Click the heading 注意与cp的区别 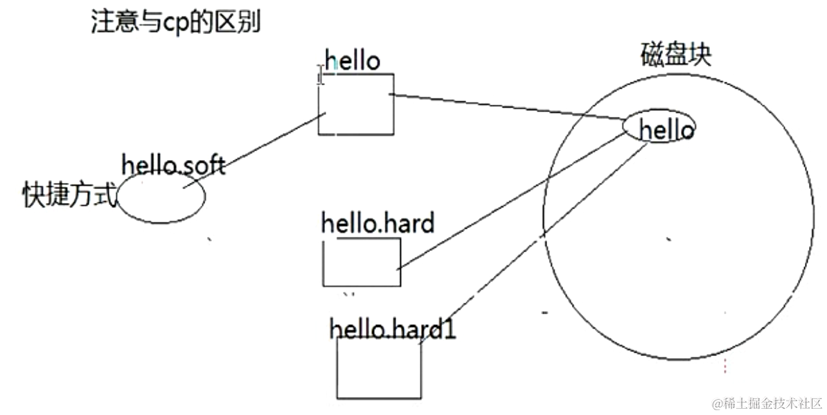pos(175,24)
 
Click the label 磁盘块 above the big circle pos(675,55)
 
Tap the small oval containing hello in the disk pos(659,127)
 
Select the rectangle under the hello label pos(356,104)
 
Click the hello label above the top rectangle pos(353,62)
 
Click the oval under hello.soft pos(161,197)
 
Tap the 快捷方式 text pos(68,195)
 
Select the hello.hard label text pos(377,223)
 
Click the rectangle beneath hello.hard pos(362,262)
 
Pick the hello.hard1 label pos(393,328)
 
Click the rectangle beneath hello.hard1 pos(379,368)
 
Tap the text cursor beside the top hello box pos(320,75)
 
